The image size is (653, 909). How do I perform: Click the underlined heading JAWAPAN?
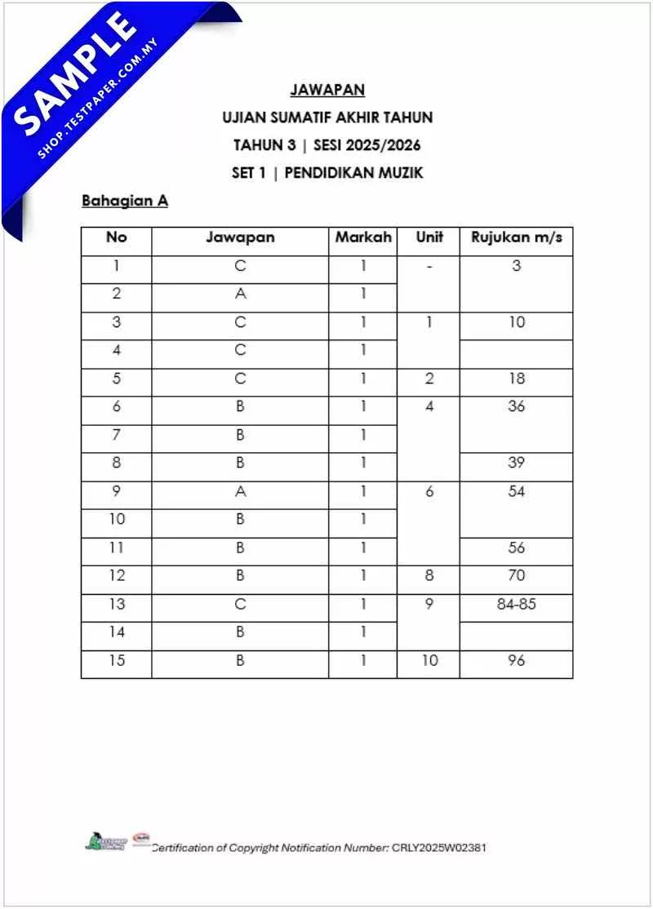click(x=326, y=90)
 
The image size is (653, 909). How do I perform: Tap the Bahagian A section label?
click(x=124, y=201)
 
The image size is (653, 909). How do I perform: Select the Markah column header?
click(x=363, y=237)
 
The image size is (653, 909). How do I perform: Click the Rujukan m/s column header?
click(x=516, y=237)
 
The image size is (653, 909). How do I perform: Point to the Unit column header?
click(x=429, y=237)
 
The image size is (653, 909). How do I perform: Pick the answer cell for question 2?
click(x=240, y=294)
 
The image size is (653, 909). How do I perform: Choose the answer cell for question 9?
click(x=240, y=491)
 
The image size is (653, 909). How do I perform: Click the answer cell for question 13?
click(x=240, y=605)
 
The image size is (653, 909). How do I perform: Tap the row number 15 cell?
click(x=117, y=661)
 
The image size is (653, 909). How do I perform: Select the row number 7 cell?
click(x=117, y=435)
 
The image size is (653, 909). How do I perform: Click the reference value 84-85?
click(x=516, y=605)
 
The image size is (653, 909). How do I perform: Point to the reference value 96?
click(x=516, y=661)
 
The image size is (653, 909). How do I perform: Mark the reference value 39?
click(x=516, y=463)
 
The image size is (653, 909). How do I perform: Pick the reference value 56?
click(x=516, y=548)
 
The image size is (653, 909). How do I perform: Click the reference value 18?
click(x=516, y=379)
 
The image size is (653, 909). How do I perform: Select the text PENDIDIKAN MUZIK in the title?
click(x=353, y=173)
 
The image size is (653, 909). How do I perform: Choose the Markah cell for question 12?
click(x=363, y=576)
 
